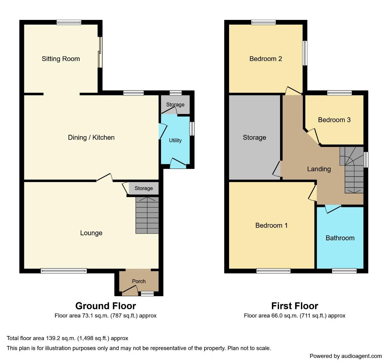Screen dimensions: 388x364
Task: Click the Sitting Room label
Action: tap(61, 59)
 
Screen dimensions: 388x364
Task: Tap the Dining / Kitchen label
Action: tap(91, 138)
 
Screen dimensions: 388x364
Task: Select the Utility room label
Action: tap(175, 140)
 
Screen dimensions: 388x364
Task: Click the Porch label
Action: tap(139, 281)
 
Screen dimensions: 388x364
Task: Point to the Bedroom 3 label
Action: tap(334, 120)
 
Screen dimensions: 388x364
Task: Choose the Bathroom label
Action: tap(340, 238)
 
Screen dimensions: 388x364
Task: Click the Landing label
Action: tap(319, 169)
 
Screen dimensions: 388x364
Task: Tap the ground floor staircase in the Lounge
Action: tap(147, 215)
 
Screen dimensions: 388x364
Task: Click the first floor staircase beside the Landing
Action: tap(351, 170)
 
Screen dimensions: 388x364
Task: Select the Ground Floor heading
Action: tap(106, 306)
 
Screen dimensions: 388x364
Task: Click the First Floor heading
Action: tap(295, 306)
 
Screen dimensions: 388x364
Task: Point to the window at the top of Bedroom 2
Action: tap(263, 22)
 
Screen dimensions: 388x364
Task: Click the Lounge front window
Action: tap(64, 271)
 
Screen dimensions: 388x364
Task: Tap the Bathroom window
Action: tap(344, 271)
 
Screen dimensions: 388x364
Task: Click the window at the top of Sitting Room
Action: tap(69, 22)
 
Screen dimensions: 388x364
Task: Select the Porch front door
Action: tap(130, 290)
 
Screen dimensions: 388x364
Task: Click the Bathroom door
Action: tap(333, 209)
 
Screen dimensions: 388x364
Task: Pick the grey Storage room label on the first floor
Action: tap(254, 138)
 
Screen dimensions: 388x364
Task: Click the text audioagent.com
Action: tap(362, 356)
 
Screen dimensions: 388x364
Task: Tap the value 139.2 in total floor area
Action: tap(52, 338)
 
